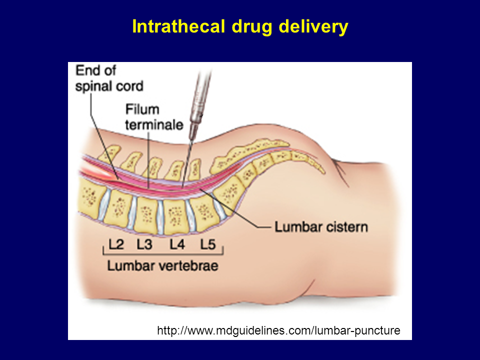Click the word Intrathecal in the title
[x=177, y=27]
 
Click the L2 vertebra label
[x=116, y=244]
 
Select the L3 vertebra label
[x=144, y=244]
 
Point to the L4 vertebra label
[x=177, y=244]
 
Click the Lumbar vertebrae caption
[x=162, y=265]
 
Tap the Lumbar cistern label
[x=321, y=227]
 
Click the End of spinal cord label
[x=109, y=78]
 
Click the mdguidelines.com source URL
[x=278, y=330]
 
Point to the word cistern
[x=344, y=227]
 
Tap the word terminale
[x=154, y=124]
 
